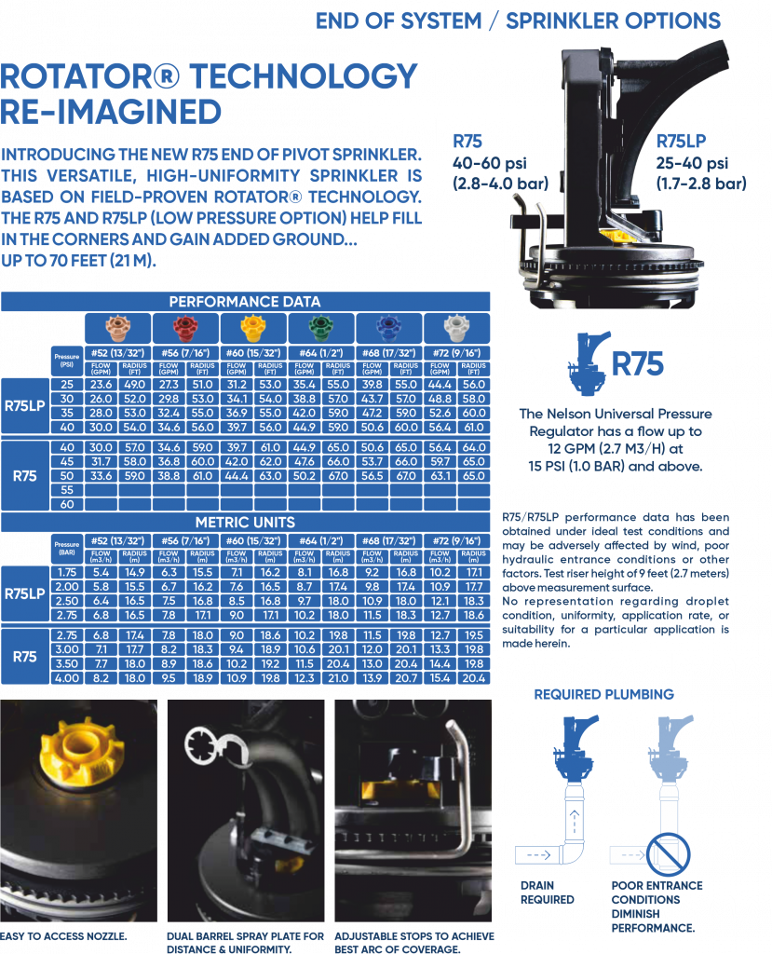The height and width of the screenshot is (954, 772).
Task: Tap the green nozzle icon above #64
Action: tap(318, 328)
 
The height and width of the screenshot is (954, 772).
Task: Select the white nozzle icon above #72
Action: tap(455, 328)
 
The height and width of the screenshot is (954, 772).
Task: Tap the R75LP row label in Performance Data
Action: tap(24, 406)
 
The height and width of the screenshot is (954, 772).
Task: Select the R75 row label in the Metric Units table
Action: tap(24, 657)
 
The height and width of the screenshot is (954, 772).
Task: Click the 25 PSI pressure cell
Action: tap(67, 384)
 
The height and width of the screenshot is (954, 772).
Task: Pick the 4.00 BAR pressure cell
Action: tap(67, 679)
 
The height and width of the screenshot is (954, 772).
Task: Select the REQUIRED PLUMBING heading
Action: tap(603, 694)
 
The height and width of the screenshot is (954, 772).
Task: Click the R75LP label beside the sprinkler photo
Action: tap(682, 142)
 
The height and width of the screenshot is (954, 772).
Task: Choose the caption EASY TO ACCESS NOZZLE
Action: tap(63, 934)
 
